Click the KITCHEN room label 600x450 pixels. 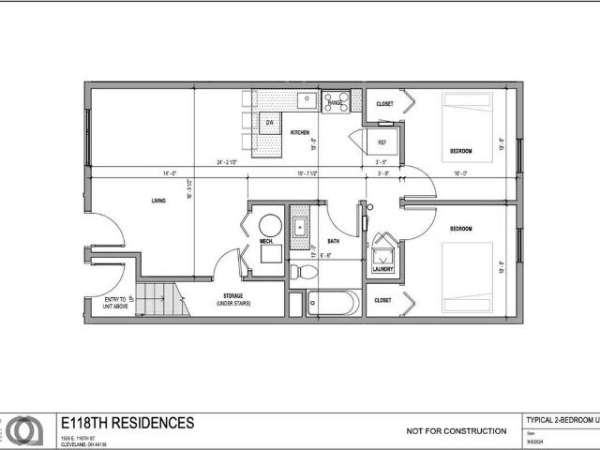[x=300, y=133]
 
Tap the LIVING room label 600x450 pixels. [x=159, y=201]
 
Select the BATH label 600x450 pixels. [x=333, y=241]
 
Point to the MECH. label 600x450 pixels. [x=265, y=241]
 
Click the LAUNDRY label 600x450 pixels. [x=382, y=269]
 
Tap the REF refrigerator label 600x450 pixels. [x=382, y=142]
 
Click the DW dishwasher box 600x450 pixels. [x=269, y=123]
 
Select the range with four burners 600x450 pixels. [x=336, y=100]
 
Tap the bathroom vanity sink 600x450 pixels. [x=300, y=227]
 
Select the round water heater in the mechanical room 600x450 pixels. [x=270, y=225]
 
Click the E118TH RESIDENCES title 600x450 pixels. [x=127, y=424]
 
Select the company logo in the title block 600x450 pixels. [x=25, y=430]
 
